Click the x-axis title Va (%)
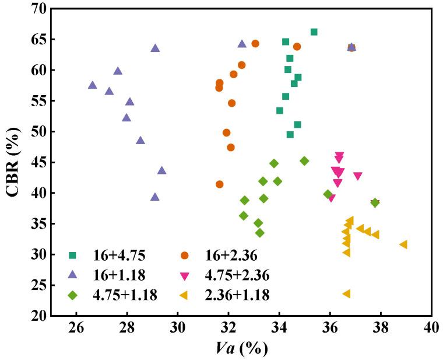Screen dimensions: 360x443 [241, 348]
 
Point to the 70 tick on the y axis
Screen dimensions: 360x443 [38, 9]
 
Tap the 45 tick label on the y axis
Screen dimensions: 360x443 [38, 162]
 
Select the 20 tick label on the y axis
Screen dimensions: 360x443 [38, 316]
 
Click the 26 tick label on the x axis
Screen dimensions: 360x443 [76, 328]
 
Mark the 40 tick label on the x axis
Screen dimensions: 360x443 [431, 328]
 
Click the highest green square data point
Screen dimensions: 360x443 [314, 32]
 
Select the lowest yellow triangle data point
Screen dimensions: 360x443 [346, 293]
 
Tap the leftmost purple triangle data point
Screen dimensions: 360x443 [92, 85]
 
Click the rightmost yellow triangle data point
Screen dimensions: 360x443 [403, 244]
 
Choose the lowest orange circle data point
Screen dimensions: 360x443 [220, 184]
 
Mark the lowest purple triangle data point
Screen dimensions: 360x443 [155, 197]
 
